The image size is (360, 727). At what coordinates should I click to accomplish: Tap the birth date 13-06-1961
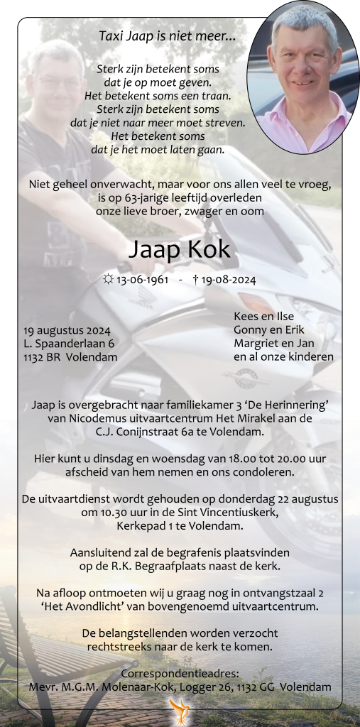point(143,280)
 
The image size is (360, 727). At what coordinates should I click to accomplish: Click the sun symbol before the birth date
point(108,280)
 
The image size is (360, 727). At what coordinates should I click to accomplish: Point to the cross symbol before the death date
point(195,280)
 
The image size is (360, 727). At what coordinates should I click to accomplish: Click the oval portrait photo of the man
point(299,77)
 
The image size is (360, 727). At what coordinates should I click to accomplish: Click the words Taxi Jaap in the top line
point(122,35)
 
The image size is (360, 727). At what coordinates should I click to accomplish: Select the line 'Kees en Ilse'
point(263,317)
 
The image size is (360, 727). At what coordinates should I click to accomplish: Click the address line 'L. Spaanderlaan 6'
point(69,344)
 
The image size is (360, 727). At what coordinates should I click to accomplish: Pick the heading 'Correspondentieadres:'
point(180,673)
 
